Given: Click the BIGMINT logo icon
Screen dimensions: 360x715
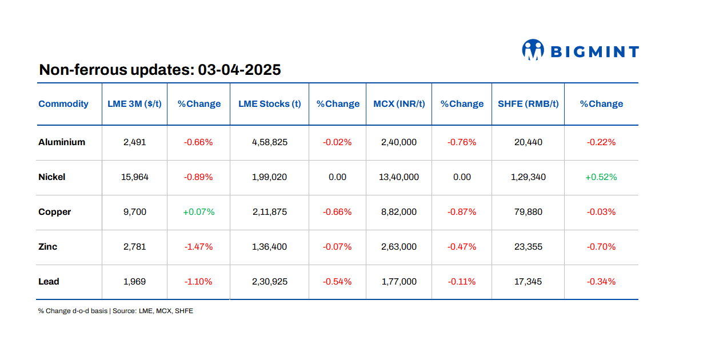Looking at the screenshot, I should pyautogui.click(x=532, y=50).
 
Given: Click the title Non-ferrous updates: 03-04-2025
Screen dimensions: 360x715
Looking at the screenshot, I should pyautogui.click(x=159, y=70).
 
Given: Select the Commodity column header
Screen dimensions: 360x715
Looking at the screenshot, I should pyautogui.click(x=63, y=104).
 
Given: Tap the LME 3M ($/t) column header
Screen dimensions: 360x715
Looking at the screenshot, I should pyautogui.click(x=134, y=104).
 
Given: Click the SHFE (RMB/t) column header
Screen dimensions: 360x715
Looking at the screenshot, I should pyautogui.click(x=528, y=104).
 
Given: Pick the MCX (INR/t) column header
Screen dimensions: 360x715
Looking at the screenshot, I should pyautogui.click(x=399, y=104).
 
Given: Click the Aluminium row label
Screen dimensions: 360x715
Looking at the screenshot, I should pyautogui.click(x=62, y=142).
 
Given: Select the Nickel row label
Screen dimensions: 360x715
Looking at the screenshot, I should pyautogui.click(x=52, y=177).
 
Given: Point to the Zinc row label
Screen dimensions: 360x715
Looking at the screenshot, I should pyautogui.click(x=48, y=247).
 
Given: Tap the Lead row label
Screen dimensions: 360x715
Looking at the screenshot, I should pyautogui.click(x=49, y=282).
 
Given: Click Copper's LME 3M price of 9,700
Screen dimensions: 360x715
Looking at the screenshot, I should pyautogui.click(x=134, y=212).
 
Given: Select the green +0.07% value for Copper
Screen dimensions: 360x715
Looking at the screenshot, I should pyautogui.click(x=198, y=212).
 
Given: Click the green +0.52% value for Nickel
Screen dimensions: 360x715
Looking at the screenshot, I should pyautogui.click(x=601, y=177).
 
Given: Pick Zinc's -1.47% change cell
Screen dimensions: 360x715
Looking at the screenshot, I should pyautogui.click(x=198, y=247).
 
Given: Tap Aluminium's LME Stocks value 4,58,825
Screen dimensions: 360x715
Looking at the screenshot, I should pyautogui.click(x=269, y=142).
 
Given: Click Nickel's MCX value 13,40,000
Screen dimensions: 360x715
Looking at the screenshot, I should pyautogui.click(x=399, y=177).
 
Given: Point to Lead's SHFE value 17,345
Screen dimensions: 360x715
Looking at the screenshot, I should pyautogui.click(x=528, y=282).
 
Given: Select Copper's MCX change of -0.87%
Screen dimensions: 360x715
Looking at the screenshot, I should pyautogui.click(x=462, y=212).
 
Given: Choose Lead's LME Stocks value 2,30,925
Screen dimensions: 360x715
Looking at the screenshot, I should pyautogui.click(x=269, y=282).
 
